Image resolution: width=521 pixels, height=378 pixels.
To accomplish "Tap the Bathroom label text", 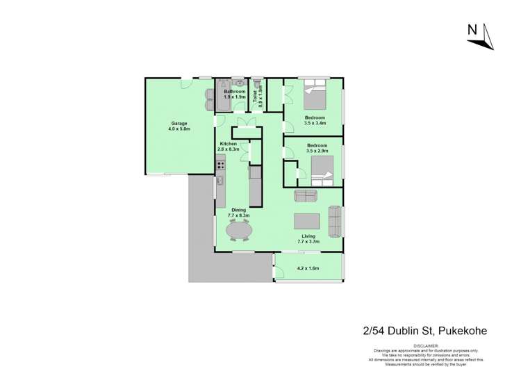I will (x=234, y=92).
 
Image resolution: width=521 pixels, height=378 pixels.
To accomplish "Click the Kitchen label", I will (x=229, y=144).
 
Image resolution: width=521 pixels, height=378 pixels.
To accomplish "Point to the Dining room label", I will (x=238, y=209).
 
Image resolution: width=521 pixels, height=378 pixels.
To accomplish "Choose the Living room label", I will (x=306, y=236).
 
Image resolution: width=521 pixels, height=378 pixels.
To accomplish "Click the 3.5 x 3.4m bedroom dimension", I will (x=315, y=124).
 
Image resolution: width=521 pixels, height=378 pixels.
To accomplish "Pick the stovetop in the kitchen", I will (x=221, y=165).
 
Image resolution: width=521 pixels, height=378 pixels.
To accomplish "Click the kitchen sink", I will (x=220, y=181).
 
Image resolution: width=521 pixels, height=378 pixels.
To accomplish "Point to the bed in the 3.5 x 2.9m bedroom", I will (x=322, y=170).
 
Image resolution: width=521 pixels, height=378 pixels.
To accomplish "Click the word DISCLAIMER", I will (x=425, y=345).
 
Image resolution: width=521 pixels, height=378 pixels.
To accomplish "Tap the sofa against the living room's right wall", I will (x=334, y=220).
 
